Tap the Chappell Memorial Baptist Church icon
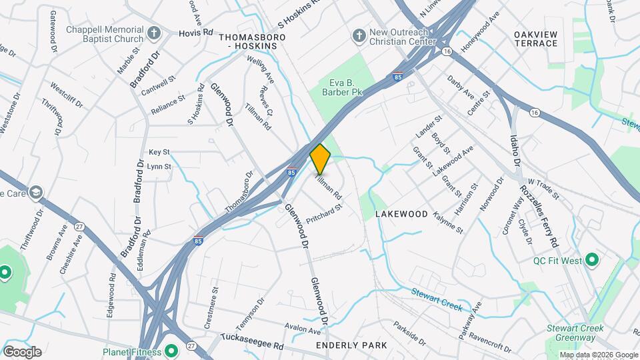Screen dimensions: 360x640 (153, 33)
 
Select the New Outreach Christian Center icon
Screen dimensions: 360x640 (359, 34)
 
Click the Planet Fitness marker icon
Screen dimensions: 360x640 (171, 351)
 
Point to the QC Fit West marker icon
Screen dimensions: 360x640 (591, 261)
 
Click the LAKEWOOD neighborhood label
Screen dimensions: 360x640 (401, 214)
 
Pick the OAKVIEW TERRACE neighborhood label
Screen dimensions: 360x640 (535, 38)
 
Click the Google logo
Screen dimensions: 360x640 (22, 351)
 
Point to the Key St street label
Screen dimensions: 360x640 (159, 152)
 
